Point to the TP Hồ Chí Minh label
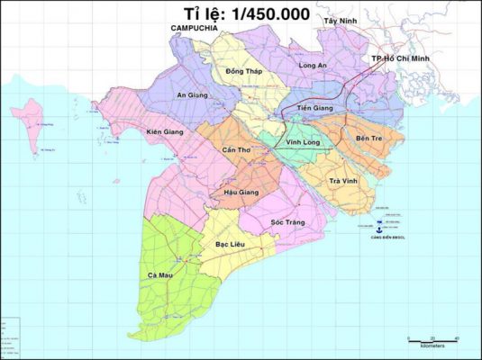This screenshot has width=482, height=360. pos(402,58)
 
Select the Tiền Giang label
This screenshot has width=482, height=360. pos(314,108)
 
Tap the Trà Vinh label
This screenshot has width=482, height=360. pos(344,182)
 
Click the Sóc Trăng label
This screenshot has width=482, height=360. pos(290,221)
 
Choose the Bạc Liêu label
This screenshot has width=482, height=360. pos(231,243)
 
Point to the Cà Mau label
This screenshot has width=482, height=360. pos(159,274)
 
